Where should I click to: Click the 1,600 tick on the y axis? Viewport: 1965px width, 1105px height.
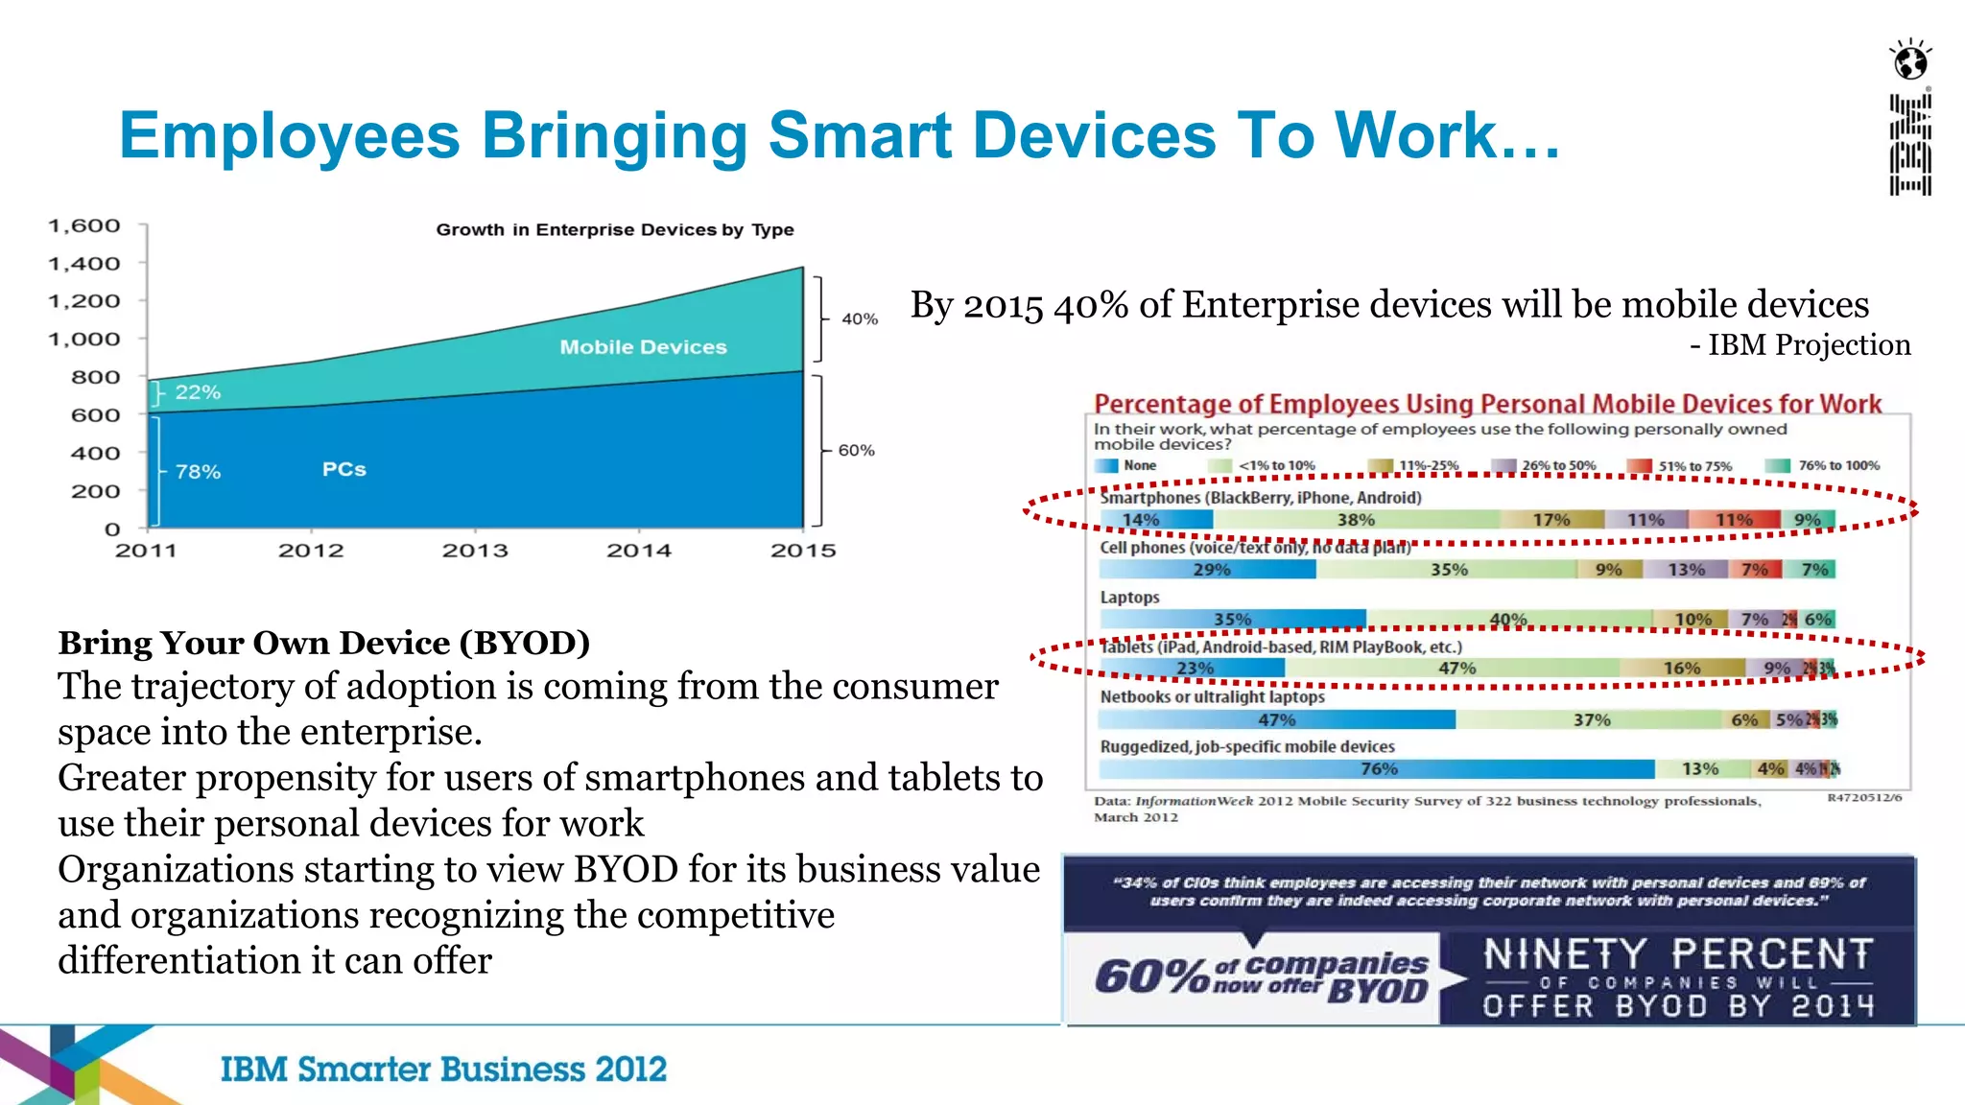tap(84, 225)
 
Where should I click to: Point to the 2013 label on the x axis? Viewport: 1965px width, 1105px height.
tap(475, 551)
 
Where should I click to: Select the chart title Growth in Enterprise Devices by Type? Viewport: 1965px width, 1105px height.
tap(614, 230)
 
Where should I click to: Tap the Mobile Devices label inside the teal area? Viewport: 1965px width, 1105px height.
tap(643, 347)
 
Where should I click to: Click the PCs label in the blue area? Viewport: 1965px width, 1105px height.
tap(343, 469)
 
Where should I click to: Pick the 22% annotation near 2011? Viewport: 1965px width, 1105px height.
tap(198, 392)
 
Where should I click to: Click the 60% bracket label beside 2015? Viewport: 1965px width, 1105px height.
tap(856, 450)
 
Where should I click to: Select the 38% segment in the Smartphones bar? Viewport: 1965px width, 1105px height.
tap(1356, 520)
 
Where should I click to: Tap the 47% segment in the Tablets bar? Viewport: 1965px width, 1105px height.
tap(1456, 668)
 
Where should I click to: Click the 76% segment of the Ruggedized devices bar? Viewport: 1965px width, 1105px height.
tap(1379, 768)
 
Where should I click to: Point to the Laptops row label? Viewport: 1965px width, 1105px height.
tap(1129, 597)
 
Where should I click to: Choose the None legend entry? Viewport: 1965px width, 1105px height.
tap(1139, 465)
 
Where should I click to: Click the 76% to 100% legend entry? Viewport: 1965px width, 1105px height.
tap(1837, 465)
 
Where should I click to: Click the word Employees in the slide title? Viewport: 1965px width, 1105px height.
tap(289, 135)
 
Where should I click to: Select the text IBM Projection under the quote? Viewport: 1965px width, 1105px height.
tap(1809, 344)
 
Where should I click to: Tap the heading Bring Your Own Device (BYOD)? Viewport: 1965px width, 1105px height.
tap(323, 642)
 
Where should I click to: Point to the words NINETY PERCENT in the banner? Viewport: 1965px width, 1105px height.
tap(1678, 954)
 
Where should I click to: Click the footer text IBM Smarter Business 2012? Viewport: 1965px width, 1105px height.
tap(443, 1069)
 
